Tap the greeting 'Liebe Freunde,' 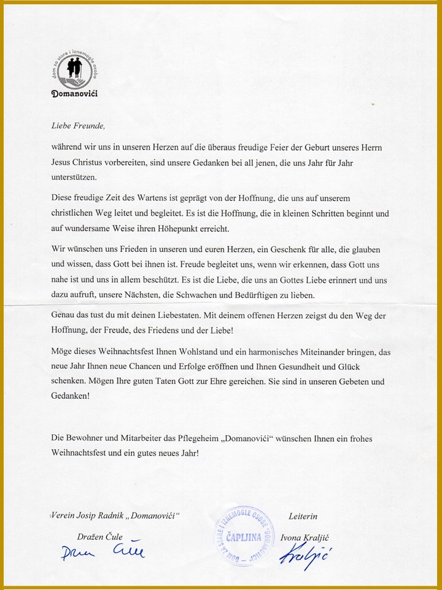tap(78, 127)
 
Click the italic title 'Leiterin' tap(303, 516)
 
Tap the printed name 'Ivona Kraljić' tap(302, 538)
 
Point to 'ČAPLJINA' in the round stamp tap(244, 536)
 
